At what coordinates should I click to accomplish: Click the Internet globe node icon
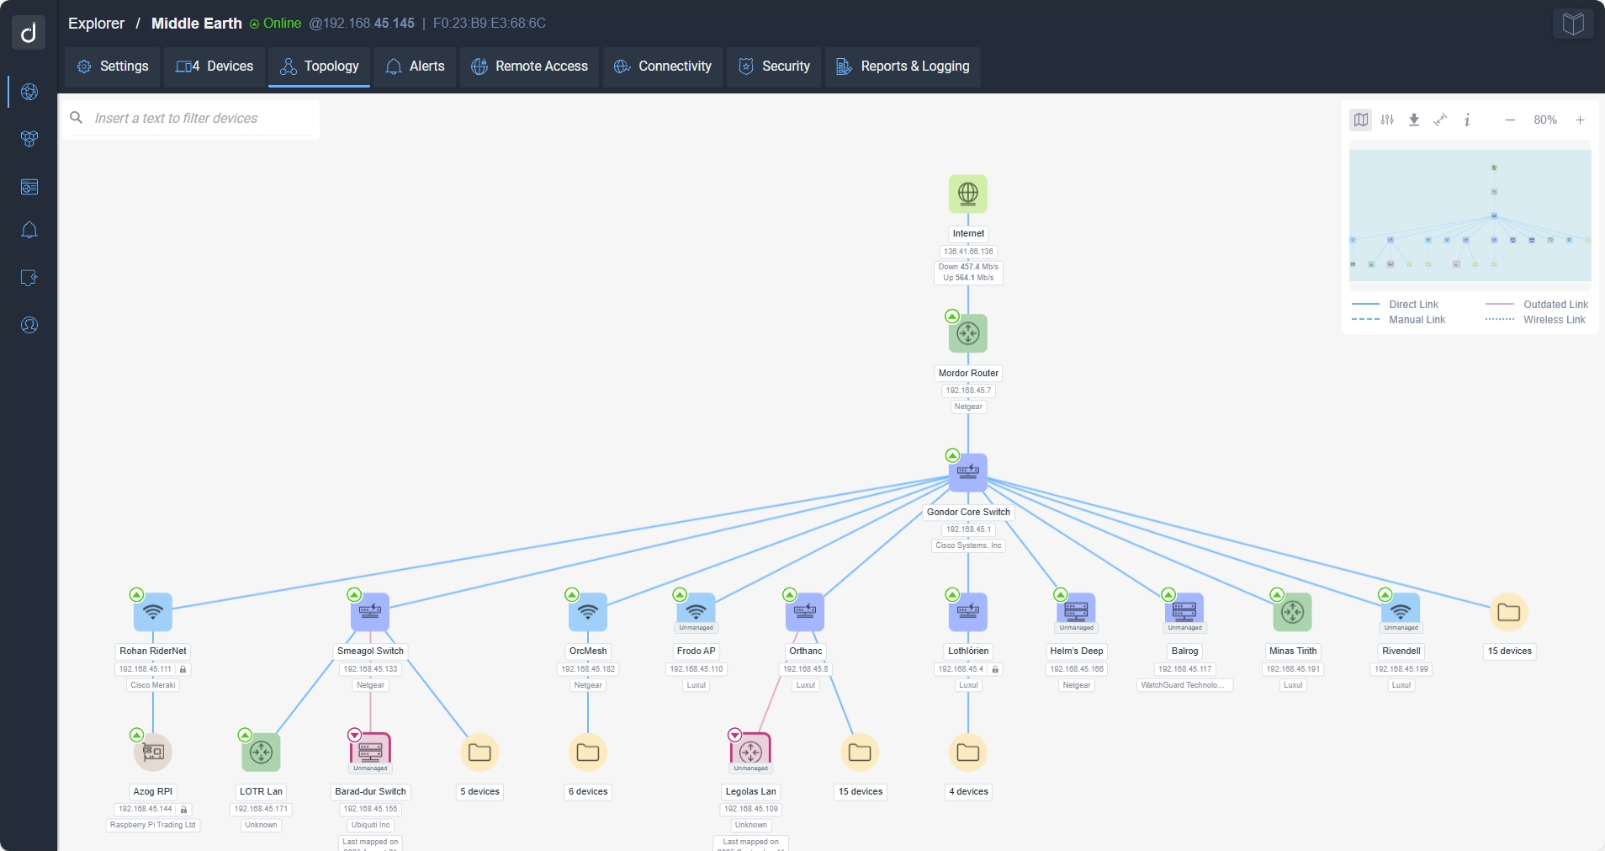968,194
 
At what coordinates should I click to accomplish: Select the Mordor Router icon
968,333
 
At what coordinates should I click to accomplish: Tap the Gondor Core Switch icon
968,472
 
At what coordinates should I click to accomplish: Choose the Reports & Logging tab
903,66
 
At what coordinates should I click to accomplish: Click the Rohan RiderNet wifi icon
153,612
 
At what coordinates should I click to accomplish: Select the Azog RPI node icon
153,752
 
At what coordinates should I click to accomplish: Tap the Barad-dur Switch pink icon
370,750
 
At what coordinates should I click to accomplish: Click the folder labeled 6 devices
588,752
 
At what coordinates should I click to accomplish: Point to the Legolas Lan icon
750,750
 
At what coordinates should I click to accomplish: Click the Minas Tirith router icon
1293,612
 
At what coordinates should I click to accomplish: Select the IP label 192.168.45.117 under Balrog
1184,669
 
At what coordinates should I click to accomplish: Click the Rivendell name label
1401,651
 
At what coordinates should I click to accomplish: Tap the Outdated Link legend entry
1555,305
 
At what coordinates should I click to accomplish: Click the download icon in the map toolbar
1414,120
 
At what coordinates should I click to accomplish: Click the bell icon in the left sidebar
29,231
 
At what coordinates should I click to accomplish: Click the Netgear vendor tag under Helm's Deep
1076,685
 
